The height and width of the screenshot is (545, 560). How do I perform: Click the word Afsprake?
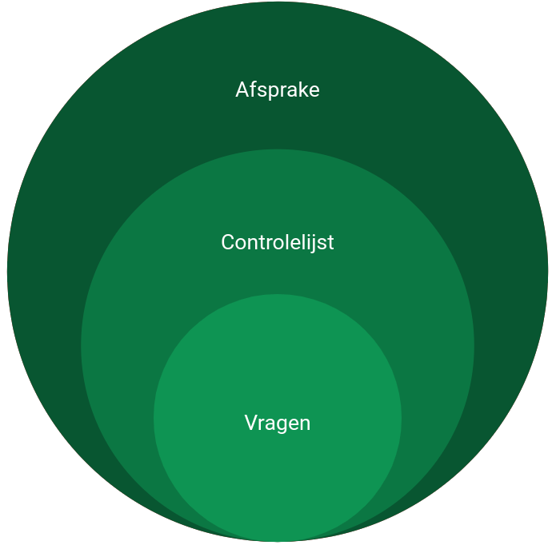[278, 90]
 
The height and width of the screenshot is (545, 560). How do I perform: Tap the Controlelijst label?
[278, 243]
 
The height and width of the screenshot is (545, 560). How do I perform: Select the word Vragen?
[278, 424]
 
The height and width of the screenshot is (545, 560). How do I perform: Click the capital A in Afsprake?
[242, 90]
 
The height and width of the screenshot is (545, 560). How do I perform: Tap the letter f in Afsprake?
[254, 89]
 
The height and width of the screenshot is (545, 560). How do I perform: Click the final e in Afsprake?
[314, 91]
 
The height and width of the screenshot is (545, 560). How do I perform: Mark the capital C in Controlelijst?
[228, 243]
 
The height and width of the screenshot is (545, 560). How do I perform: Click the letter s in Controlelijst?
[322, 245]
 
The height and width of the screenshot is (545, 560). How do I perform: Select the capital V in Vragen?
[252, 423]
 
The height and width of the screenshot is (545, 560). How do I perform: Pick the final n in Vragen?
[306, 424]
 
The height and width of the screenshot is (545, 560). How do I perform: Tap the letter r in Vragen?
[263, 424]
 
